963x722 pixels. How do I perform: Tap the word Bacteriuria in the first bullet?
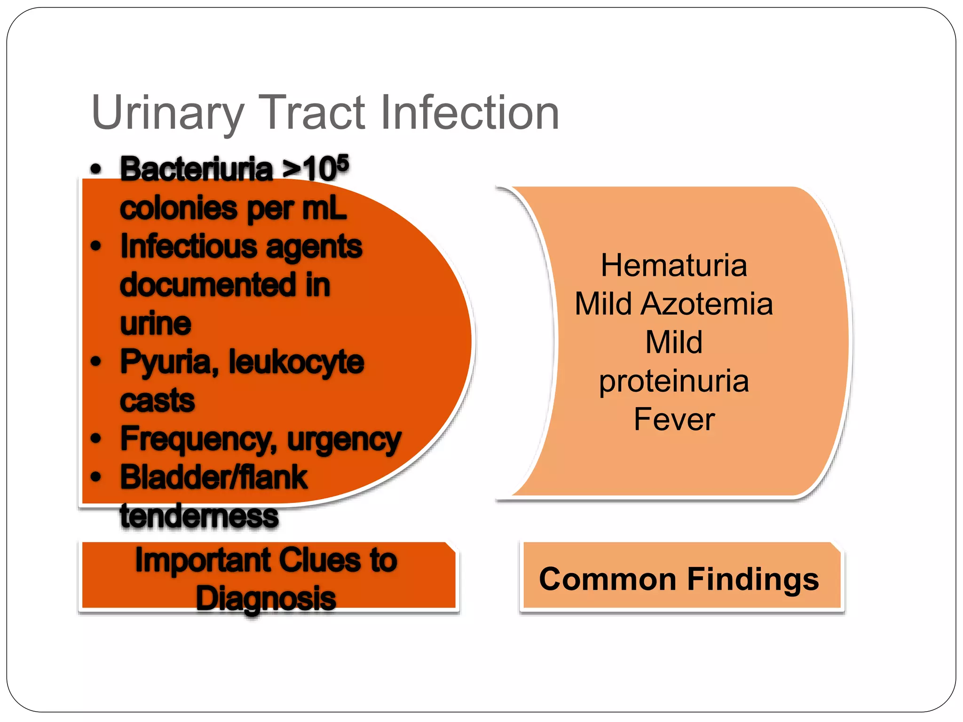click(x=197, y=169)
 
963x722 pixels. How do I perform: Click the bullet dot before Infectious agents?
click(x=96, y=246)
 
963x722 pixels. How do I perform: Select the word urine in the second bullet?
click(x=156, y=324)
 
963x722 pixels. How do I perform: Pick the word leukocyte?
click(x=296, y=362)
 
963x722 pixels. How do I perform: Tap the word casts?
click(x=157, y=401)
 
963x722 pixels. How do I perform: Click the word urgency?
click(x=344, y=439)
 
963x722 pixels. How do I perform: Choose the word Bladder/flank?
click(x=214, y=478)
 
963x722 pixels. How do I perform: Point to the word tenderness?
click(x=199, y=516)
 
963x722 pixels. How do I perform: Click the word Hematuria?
click(x=674, y=266)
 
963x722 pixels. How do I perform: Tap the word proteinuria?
click(x=674, y=381)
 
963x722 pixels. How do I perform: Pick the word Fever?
click(x=674, y=419)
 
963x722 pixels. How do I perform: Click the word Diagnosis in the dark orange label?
click(x=266, y=598)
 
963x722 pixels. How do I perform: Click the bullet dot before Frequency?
click(x=96, y=439)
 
